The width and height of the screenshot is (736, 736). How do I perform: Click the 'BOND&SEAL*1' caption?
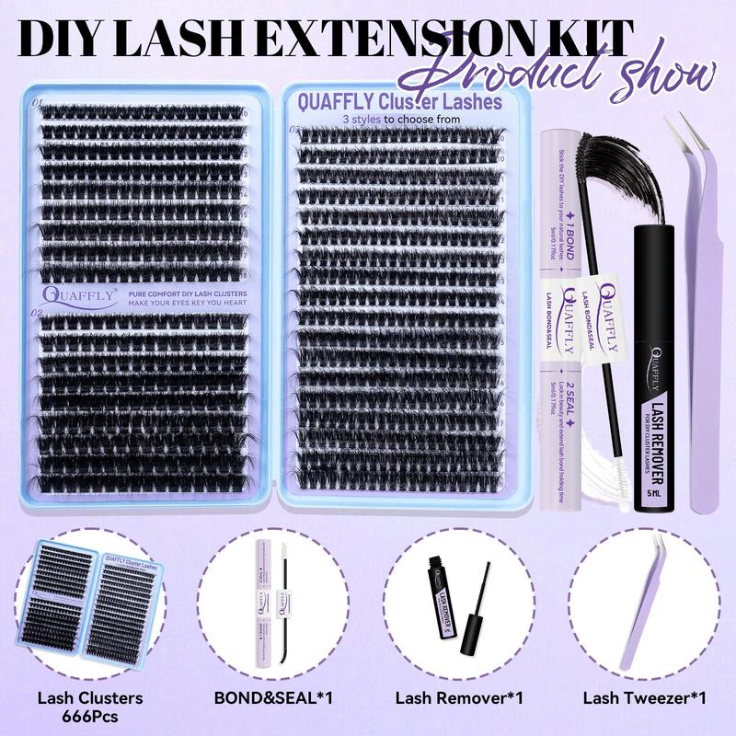pos(275,696)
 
